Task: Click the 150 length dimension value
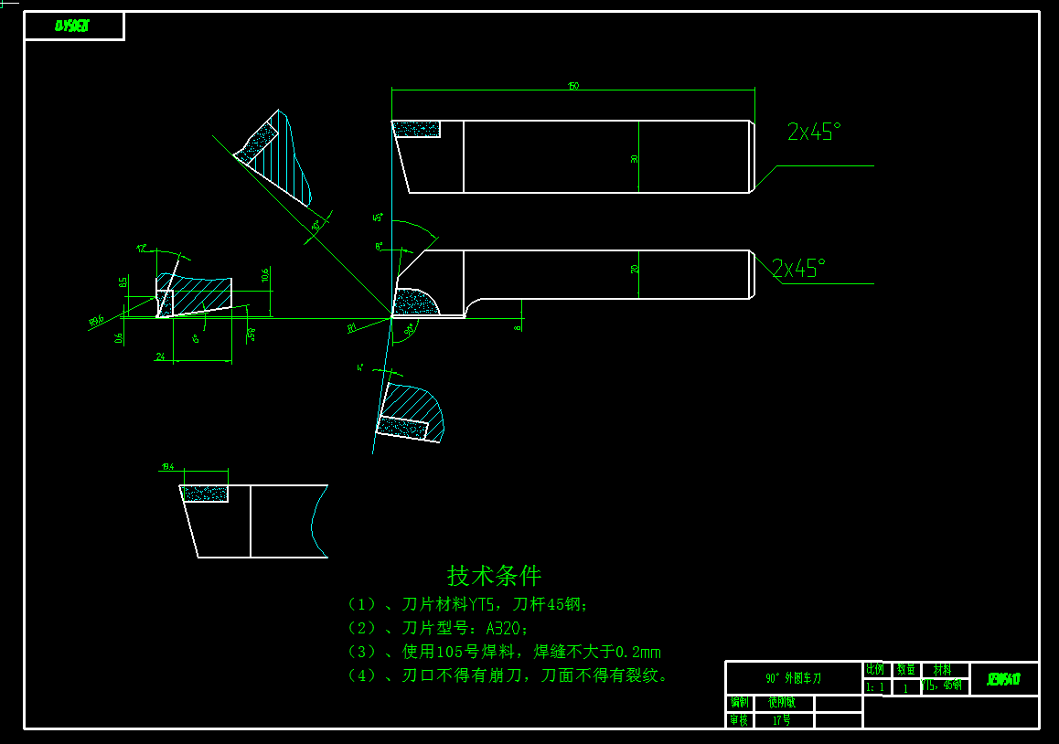(x=573, y=86)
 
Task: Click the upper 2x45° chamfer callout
(x=813, y=133)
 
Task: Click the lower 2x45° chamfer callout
(x=797, y=269)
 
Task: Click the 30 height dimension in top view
(x=635, y=159)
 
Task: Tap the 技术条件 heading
(x=494, y=576)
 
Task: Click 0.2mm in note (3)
(x=638, y=652)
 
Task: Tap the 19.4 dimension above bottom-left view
(x=167, y=467)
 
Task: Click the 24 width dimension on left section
(x=160, y=356)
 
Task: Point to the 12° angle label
(x=143, y=248)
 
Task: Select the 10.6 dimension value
(x=265, y=275)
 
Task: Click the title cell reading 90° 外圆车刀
(x=793, y=678)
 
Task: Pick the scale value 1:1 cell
(x=875, y=687)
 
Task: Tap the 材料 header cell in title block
(x=943, y=670)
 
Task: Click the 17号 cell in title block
(x=781, y=720)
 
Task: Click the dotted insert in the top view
(x=417, y=129)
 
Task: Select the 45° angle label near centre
(x=377, y=218)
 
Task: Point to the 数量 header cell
(x=905, y=670)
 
